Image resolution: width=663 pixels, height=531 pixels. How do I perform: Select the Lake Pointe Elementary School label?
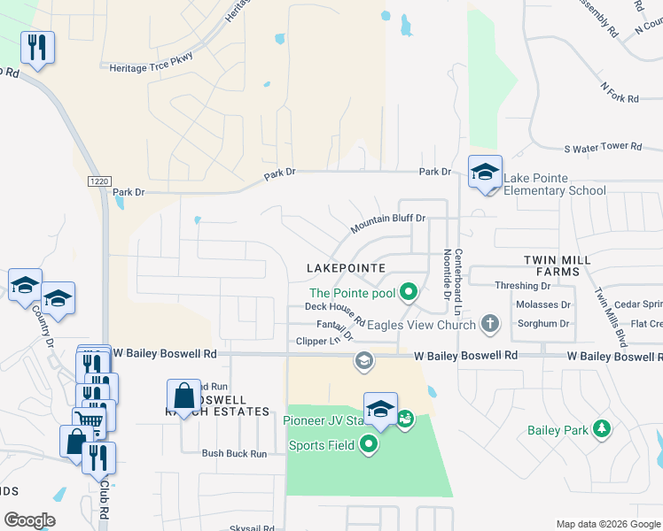[x=555, y=184]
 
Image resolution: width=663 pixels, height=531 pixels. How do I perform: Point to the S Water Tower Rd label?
[x=602, y=146]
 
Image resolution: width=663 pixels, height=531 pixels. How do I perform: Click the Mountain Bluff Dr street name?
[x=388, y=223]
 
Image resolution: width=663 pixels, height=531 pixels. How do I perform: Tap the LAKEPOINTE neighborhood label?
[x=346, y=267]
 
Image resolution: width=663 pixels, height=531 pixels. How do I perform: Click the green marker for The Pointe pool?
[x=409, y=290]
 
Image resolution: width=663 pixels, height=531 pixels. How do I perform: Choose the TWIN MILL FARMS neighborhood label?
[x=550, y=265]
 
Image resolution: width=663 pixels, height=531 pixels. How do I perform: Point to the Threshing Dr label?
[x=522, y=286]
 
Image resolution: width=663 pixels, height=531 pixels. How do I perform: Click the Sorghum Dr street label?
[x=542, y=324]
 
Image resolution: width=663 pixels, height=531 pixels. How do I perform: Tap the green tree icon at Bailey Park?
[x=603, y=429]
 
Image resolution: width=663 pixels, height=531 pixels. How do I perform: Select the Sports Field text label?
[x=322, y=445]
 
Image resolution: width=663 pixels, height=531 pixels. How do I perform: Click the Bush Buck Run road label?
[x=234, y=454]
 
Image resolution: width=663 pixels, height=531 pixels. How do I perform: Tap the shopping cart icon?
[x=89, y=419]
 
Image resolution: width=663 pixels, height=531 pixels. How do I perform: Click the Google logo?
[x=29, y=519]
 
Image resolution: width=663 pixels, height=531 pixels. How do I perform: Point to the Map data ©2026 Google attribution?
[x=607, y=524]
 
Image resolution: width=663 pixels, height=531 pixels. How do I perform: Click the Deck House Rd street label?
[x=335, y=307]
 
